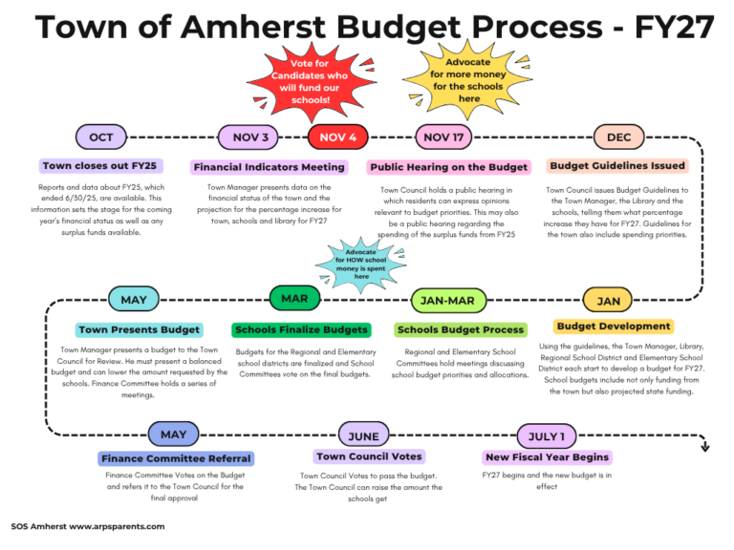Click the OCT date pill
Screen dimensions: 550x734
point(100,137)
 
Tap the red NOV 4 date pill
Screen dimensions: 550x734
point(338,137)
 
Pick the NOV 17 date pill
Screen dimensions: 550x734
point(443,137)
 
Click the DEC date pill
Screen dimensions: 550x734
point(618,137)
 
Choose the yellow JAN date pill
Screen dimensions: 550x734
point(609,301)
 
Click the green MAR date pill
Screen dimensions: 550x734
point(294,299)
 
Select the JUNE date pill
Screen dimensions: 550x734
point(363,435)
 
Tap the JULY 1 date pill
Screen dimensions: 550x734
point(546,436)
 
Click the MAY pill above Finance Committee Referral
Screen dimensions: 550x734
point(174,434)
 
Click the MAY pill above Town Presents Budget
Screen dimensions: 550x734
point(134,300)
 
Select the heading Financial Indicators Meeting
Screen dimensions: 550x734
point(269,167)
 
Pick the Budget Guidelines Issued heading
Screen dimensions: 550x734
point(617,165)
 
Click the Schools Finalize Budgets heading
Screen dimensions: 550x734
point(301,329)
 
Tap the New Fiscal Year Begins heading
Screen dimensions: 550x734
point(548,457)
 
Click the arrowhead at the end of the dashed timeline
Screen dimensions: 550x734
point(704,446)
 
